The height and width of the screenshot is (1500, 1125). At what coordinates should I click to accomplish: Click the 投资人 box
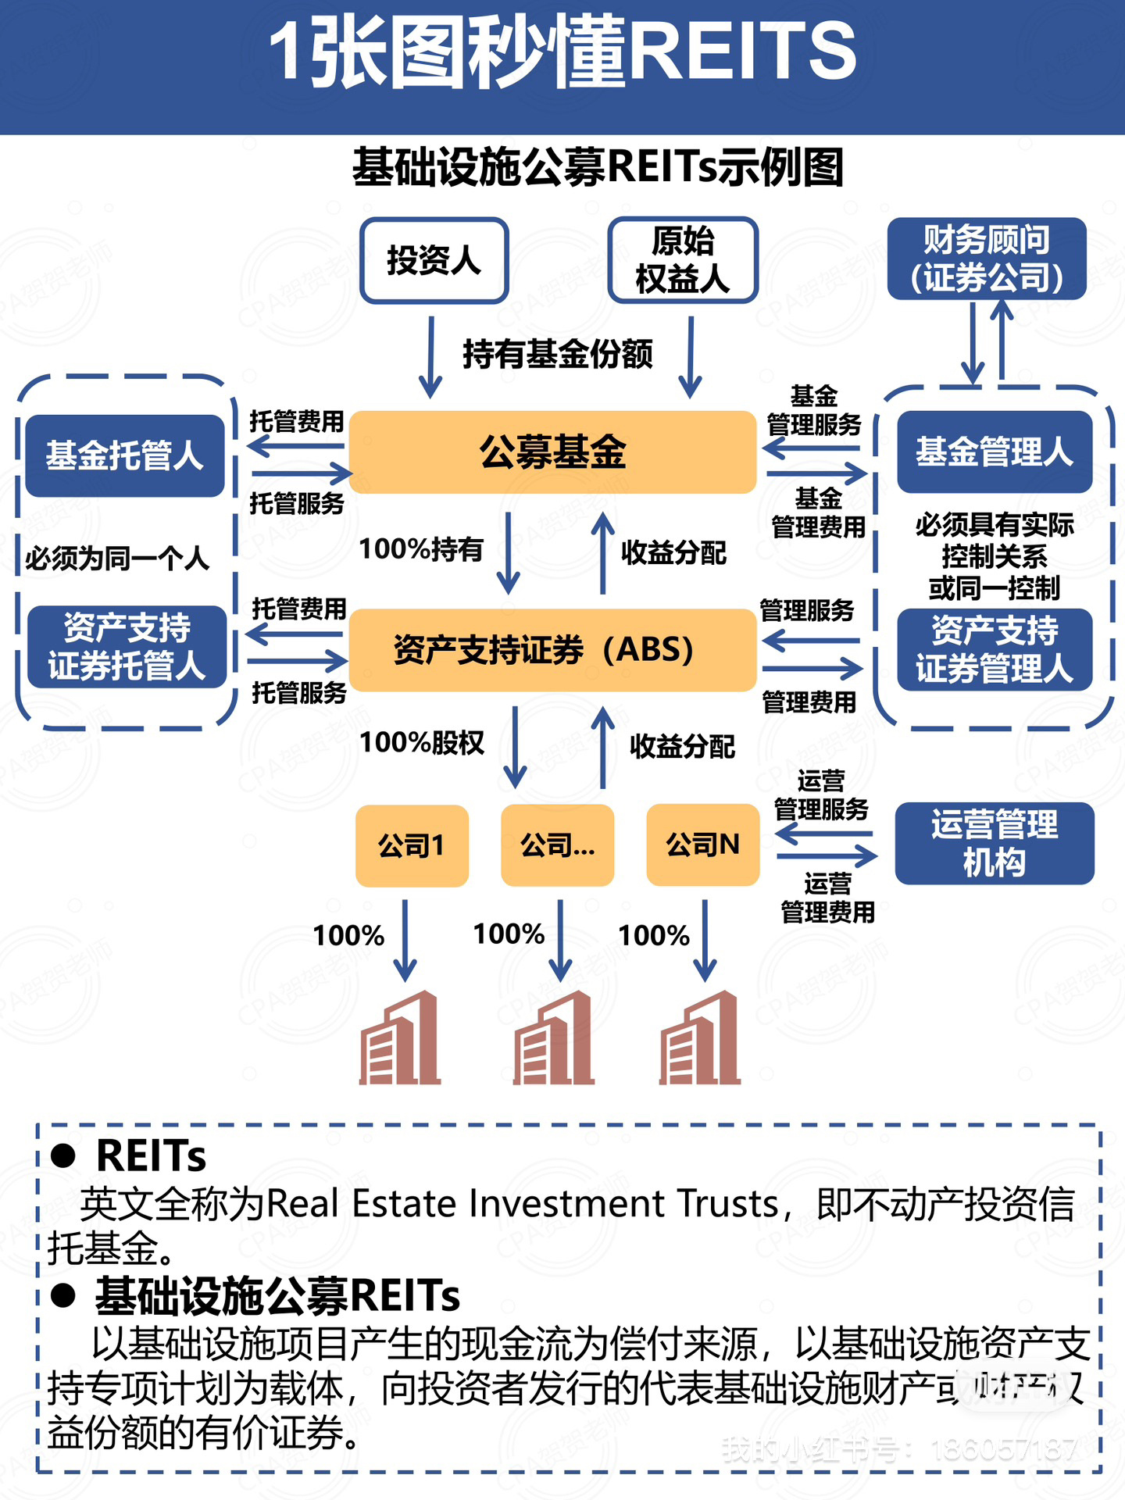pyautogui.click(x=434, y=260)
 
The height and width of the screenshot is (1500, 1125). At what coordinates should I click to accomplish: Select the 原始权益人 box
pyautogui.click(x=683, y=260)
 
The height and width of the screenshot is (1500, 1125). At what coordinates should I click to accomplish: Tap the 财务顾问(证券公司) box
pyautogui.click(x=987, y=259)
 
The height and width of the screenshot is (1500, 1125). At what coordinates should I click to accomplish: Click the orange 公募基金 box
pyautogui.click(x=552, y=452)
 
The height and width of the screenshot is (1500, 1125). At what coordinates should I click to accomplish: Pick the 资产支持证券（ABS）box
pyautogui.click(x=552, y=650)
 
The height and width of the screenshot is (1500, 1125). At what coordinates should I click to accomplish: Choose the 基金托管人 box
pyautogui.click(x=125, y=455)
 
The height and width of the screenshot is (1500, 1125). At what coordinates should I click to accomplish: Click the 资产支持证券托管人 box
pyautogui.click(x=127, y=647)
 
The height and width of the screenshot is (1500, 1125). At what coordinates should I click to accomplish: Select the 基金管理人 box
pyautogui.click(x=995, y=452)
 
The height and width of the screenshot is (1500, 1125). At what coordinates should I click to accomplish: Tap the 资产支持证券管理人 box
pyautogui.click(x=995, y=649)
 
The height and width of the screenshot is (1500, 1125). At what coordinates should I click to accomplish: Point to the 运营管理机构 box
pyautogui.click(x=995, y=844)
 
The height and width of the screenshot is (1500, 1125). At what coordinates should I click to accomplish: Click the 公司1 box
pyautogui.click(x=412, y=845)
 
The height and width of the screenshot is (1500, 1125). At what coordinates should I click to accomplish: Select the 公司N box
pyautogui.click(x=703, y=845)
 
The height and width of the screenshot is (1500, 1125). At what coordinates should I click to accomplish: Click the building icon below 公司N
pyautogui.click(x=700, y=1038)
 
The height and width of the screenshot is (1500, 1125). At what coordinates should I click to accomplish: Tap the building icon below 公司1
pyautogui.click(x=400, y=1038)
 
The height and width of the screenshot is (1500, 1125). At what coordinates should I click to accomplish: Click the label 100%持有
pyautogui.click(x=421, y=550)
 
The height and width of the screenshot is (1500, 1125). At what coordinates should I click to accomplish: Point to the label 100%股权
pyautogui.click(x=422, y=742)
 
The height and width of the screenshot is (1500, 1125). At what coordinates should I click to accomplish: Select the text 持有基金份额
pyautogui.click(x=558, y=354)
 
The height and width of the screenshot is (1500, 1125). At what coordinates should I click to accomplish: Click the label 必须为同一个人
pyautogui.click(x=117, y=559)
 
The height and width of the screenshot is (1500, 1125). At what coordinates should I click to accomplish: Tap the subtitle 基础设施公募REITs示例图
pyautogui.click(x=598, y=168)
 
